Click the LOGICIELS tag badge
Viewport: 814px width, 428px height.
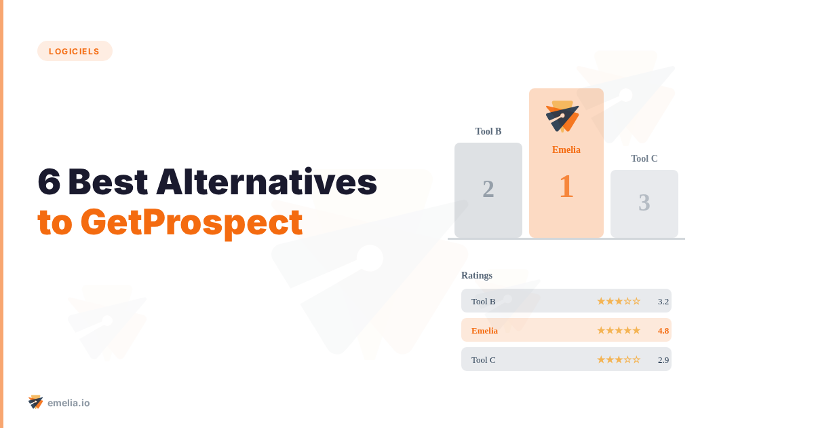75,51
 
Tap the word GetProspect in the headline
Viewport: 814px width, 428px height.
191,222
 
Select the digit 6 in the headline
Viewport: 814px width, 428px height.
49,182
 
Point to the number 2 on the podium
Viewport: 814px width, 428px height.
488,189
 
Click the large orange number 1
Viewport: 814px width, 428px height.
566,187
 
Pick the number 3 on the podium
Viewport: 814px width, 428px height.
644,202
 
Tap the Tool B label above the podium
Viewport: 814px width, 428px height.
488,131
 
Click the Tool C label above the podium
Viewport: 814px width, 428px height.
644,158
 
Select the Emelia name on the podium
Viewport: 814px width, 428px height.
566,149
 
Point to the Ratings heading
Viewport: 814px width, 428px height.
477,275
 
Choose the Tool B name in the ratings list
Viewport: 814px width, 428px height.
484,301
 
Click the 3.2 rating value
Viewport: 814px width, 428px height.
663,301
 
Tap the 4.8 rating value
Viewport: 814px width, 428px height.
663,330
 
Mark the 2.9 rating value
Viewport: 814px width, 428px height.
663,359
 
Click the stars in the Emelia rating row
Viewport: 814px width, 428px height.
619,330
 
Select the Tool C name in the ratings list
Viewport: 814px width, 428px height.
484,359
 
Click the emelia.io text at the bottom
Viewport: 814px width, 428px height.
69,403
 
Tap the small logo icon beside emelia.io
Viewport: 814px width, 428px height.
36,402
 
